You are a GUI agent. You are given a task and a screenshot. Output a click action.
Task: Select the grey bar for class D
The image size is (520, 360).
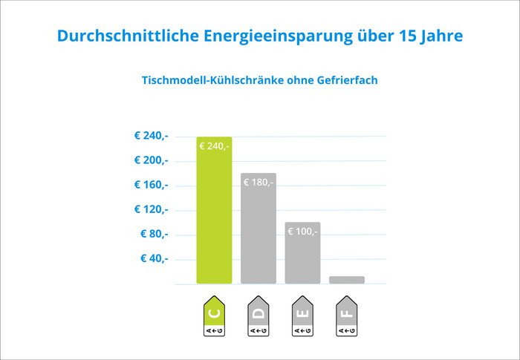click(x=258, y=230)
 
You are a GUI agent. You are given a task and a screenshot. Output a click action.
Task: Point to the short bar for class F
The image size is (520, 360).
click(x=347, y=280)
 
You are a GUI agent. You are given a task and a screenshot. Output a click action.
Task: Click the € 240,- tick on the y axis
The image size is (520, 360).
click(x=151, y=136)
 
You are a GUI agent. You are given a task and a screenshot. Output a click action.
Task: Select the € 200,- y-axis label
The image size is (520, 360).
click(x=151, y=160)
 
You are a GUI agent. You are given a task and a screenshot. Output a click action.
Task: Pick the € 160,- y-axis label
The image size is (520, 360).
click(x=151, y=185)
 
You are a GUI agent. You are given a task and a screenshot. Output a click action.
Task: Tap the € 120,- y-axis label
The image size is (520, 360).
click(x=151, y=209)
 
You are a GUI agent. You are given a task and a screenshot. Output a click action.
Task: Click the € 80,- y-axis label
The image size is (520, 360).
click(x=154, y=234)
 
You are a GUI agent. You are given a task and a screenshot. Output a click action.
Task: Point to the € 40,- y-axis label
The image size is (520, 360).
click(x=154, y=258)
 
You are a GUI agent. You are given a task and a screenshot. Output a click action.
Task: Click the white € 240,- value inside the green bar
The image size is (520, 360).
click(x=214, y=146)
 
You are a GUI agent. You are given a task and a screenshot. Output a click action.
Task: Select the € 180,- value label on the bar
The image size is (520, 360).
click(x=258, y=182)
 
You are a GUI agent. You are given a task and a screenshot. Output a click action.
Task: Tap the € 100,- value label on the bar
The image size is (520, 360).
click(x=302, y=232)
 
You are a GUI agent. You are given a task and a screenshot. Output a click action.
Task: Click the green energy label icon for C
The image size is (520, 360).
click(x=214, y=317)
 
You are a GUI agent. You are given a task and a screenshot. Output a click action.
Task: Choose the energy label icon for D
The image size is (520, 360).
click(x=258, y=317)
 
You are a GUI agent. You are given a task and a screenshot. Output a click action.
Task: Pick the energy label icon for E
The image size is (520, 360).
click(x=302, y=317)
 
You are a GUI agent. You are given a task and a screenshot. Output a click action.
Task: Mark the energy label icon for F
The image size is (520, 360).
click(x=347, y=317)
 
